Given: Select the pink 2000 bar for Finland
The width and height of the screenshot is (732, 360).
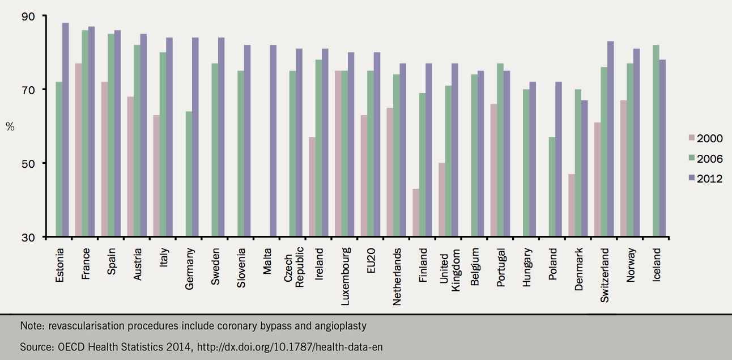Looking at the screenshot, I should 416,213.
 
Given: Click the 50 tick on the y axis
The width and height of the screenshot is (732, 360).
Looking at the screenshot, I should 28,163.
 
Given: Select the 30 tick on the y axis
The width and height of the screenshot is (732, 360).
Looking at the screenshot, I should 28,237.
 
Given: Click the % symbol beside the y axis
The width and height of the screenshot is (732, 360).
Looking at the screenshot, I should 10,126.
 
